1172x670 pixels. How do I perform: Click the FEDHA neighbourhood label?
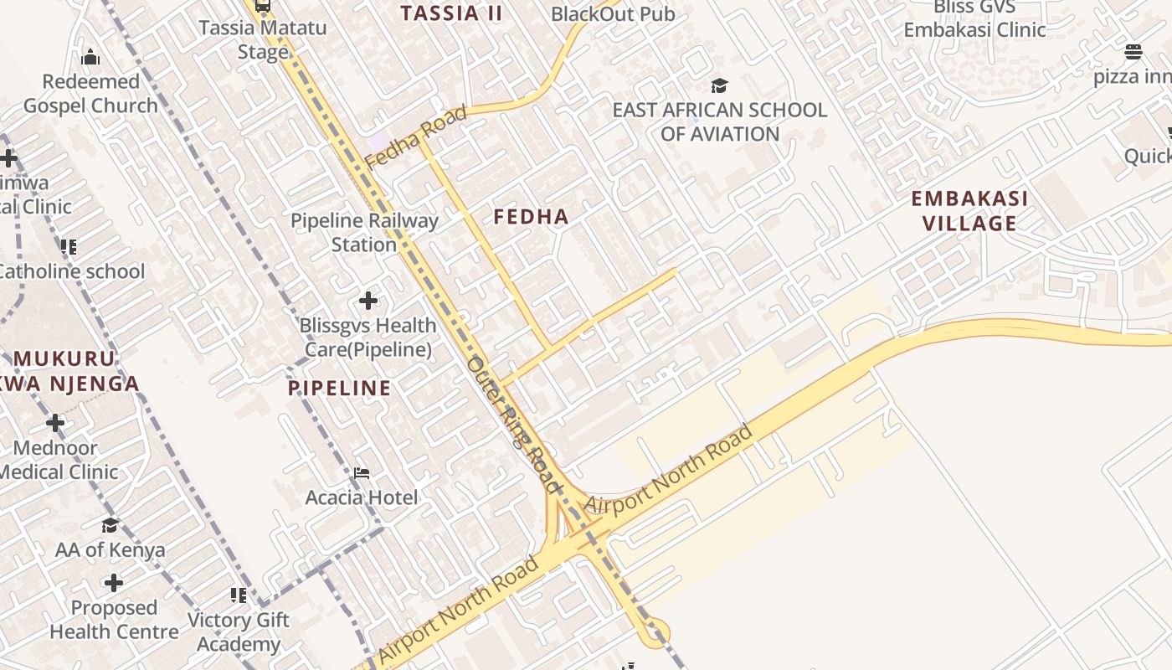pos(531,217)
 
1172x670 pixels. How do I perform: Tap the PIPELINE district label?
pos(339,388)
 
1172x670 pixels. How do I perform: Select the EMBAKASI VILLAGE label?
pos(969,211)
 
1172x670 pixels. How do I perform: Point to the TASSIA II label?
pos(451,13)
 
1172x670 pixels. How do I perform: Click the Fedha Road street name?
pos(416,136)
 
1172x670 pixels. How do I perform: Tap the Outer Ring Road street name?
pos(514,424)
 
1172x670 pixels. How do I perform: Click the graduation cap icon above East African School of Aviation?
pos(719,85)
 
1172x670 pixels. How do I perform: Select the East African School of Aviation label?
pos(719,122)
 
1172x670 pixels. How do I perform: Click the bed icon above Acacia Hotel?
pos(361,473)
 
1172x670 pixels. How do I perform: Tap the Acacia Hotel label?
pos(361,497)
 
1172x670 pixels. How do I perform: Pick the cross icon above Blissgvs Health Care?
pos(368,301)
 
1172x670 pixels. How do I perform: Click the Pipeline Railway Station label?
pos(364,233)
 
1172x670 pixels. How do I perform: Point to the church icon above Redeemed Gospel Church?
pos(90,57)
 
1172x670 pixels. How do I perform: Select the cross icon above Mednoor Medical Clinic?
pos(55,423)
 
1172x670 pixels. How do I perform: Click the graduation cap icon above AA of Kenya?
pos(110,525)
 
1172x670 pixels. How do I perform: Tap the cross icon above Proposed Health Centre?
pos(114,583)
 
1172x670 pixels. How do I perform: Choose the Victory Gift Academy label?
pos(239,632)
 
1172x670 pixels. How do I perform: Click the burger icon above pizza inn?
pos(1133,52)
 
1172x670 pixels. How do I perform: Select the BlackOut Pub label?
pos(613,14)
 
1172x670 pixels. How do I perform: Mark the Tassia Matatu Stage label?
pos(263,39)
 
